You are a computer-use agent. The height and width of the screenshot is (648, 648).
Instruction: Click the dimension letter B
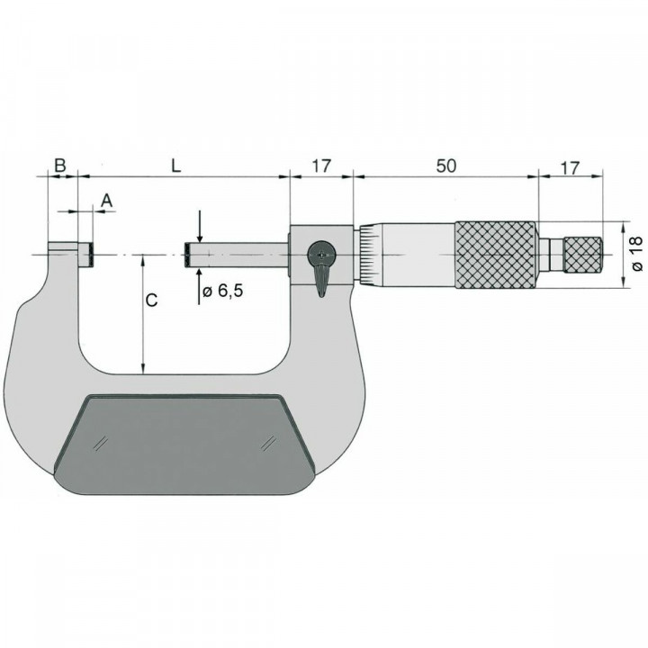click(59, 166)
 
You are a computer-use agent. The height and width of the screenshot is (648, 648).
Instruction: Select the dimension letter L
click(176, 166)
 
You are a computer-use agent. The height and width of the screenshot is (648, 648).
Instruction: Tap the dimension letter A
click(105, 200)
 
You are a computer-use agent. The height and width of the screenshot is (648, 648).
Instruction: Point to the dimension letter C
click(152, 301)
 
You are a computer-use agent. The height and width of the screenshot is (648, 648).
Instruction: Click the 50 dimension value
click(445, 166)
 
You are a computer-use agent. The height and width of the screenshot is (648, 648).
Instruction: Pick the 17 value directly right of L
click(321, 166)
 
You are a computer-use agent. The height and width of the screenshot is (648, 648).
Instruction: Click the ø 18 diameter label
click(636, 254)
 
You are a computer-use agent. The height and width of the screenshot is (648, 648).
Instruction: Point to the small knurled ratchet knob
click(582, 254)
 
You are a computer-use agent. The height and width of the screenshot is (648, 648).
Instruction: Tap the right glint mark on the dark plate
click(267, 443)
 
